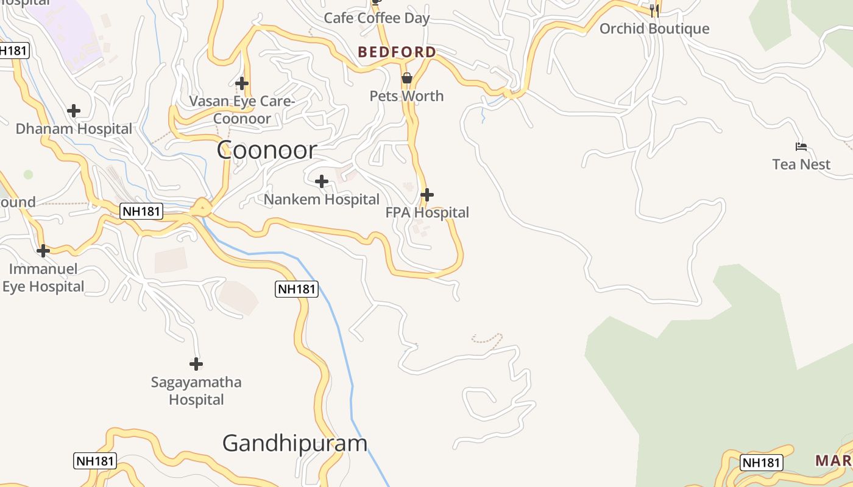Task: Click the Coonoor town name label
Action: point(267,150)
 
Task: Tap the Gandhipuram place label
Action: point(295,443)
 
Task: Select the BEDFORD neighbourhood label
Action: point(397,52)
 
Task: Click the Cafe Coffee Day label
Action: point(377,18)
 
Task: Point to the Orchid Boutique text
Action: point(654,29)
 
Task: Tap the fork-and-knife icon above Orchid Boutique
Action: point(654,10)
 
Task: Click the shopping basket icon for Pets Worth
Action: point(407,79)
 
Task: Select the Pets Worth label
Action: point(407,96)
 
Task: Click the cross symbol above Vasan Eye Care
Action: point(242,83)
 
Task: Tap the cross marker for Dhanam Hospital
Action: point(74,111)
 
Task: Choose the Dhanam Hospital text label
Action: point(74,129)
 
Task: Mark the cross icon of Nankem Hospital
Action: point(322,181)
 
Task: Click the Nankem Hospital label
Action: point(322,200)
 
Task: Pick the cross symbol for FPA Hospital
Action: point(427,195)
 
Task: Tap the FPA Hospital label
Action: point(427,213)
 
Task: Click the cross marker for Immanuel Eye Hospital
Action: point(43,251)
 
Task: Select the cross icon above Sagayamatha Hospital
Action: point(196,364)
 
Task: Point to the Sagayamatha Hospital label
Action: point(196,391)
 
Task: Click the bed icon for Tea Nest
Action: point(801,147)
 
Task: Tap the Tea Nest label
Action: point(801,164)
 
